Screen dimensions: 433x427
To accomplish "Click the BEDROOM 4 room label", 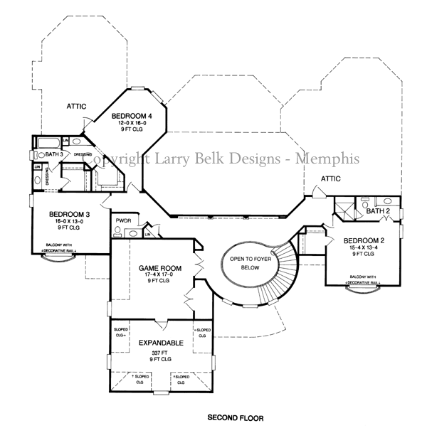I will click(132, 115).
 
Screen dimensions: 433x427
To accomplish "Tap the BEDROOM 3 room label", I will click(69, 214).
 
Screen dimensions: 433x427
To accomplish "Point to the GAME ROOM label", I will click(160, 268).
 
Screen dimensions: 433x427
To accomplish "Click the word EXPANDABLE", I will click(160, 343).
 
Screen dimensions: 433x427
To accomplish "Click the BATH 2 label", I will click(377, 211).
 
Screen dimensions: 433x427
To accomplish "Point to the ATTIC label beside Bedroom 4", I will click(77, 106).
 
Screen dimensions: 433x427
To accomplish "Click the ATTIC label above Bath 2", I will click(331, 179).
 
